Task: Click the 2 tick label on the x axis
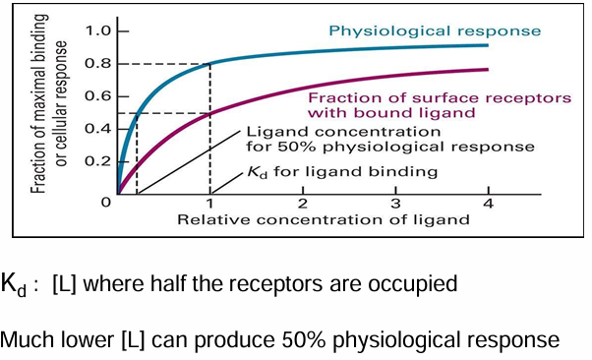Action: click(302, 204)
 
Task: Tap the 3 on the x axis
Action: click(394, 204)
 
